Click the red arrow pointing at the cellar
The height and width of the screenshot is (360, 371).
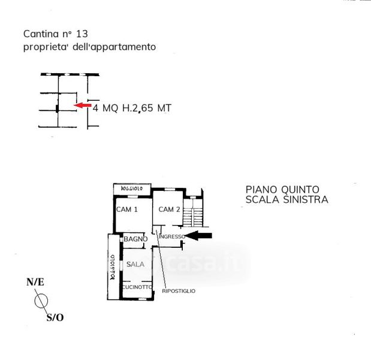point(82,106)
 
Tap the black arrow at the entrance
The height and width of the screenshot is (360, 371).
point(201,236)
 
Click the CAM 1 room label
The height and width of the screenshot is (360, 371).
point(127,209)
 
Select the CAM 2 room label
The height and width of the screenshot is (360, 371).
point(170,209)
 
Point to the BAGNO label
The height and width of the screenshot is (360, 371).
point(135,239)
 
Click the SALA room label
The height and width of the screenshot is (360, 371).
point(135,263)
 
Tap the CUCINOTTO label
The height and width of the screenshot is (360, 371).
point(137,287)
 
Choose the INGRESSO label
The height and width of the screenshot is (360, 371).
point(171,237)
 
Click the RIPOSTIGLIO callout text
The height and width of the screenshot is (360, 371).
point(179,291)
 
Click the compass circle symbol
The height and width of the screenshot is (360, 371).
point(42,299)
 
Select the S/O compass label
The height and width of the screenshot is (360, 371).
point(55,317)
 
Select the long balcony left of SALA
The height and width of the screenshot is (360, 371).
point(112,266)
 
